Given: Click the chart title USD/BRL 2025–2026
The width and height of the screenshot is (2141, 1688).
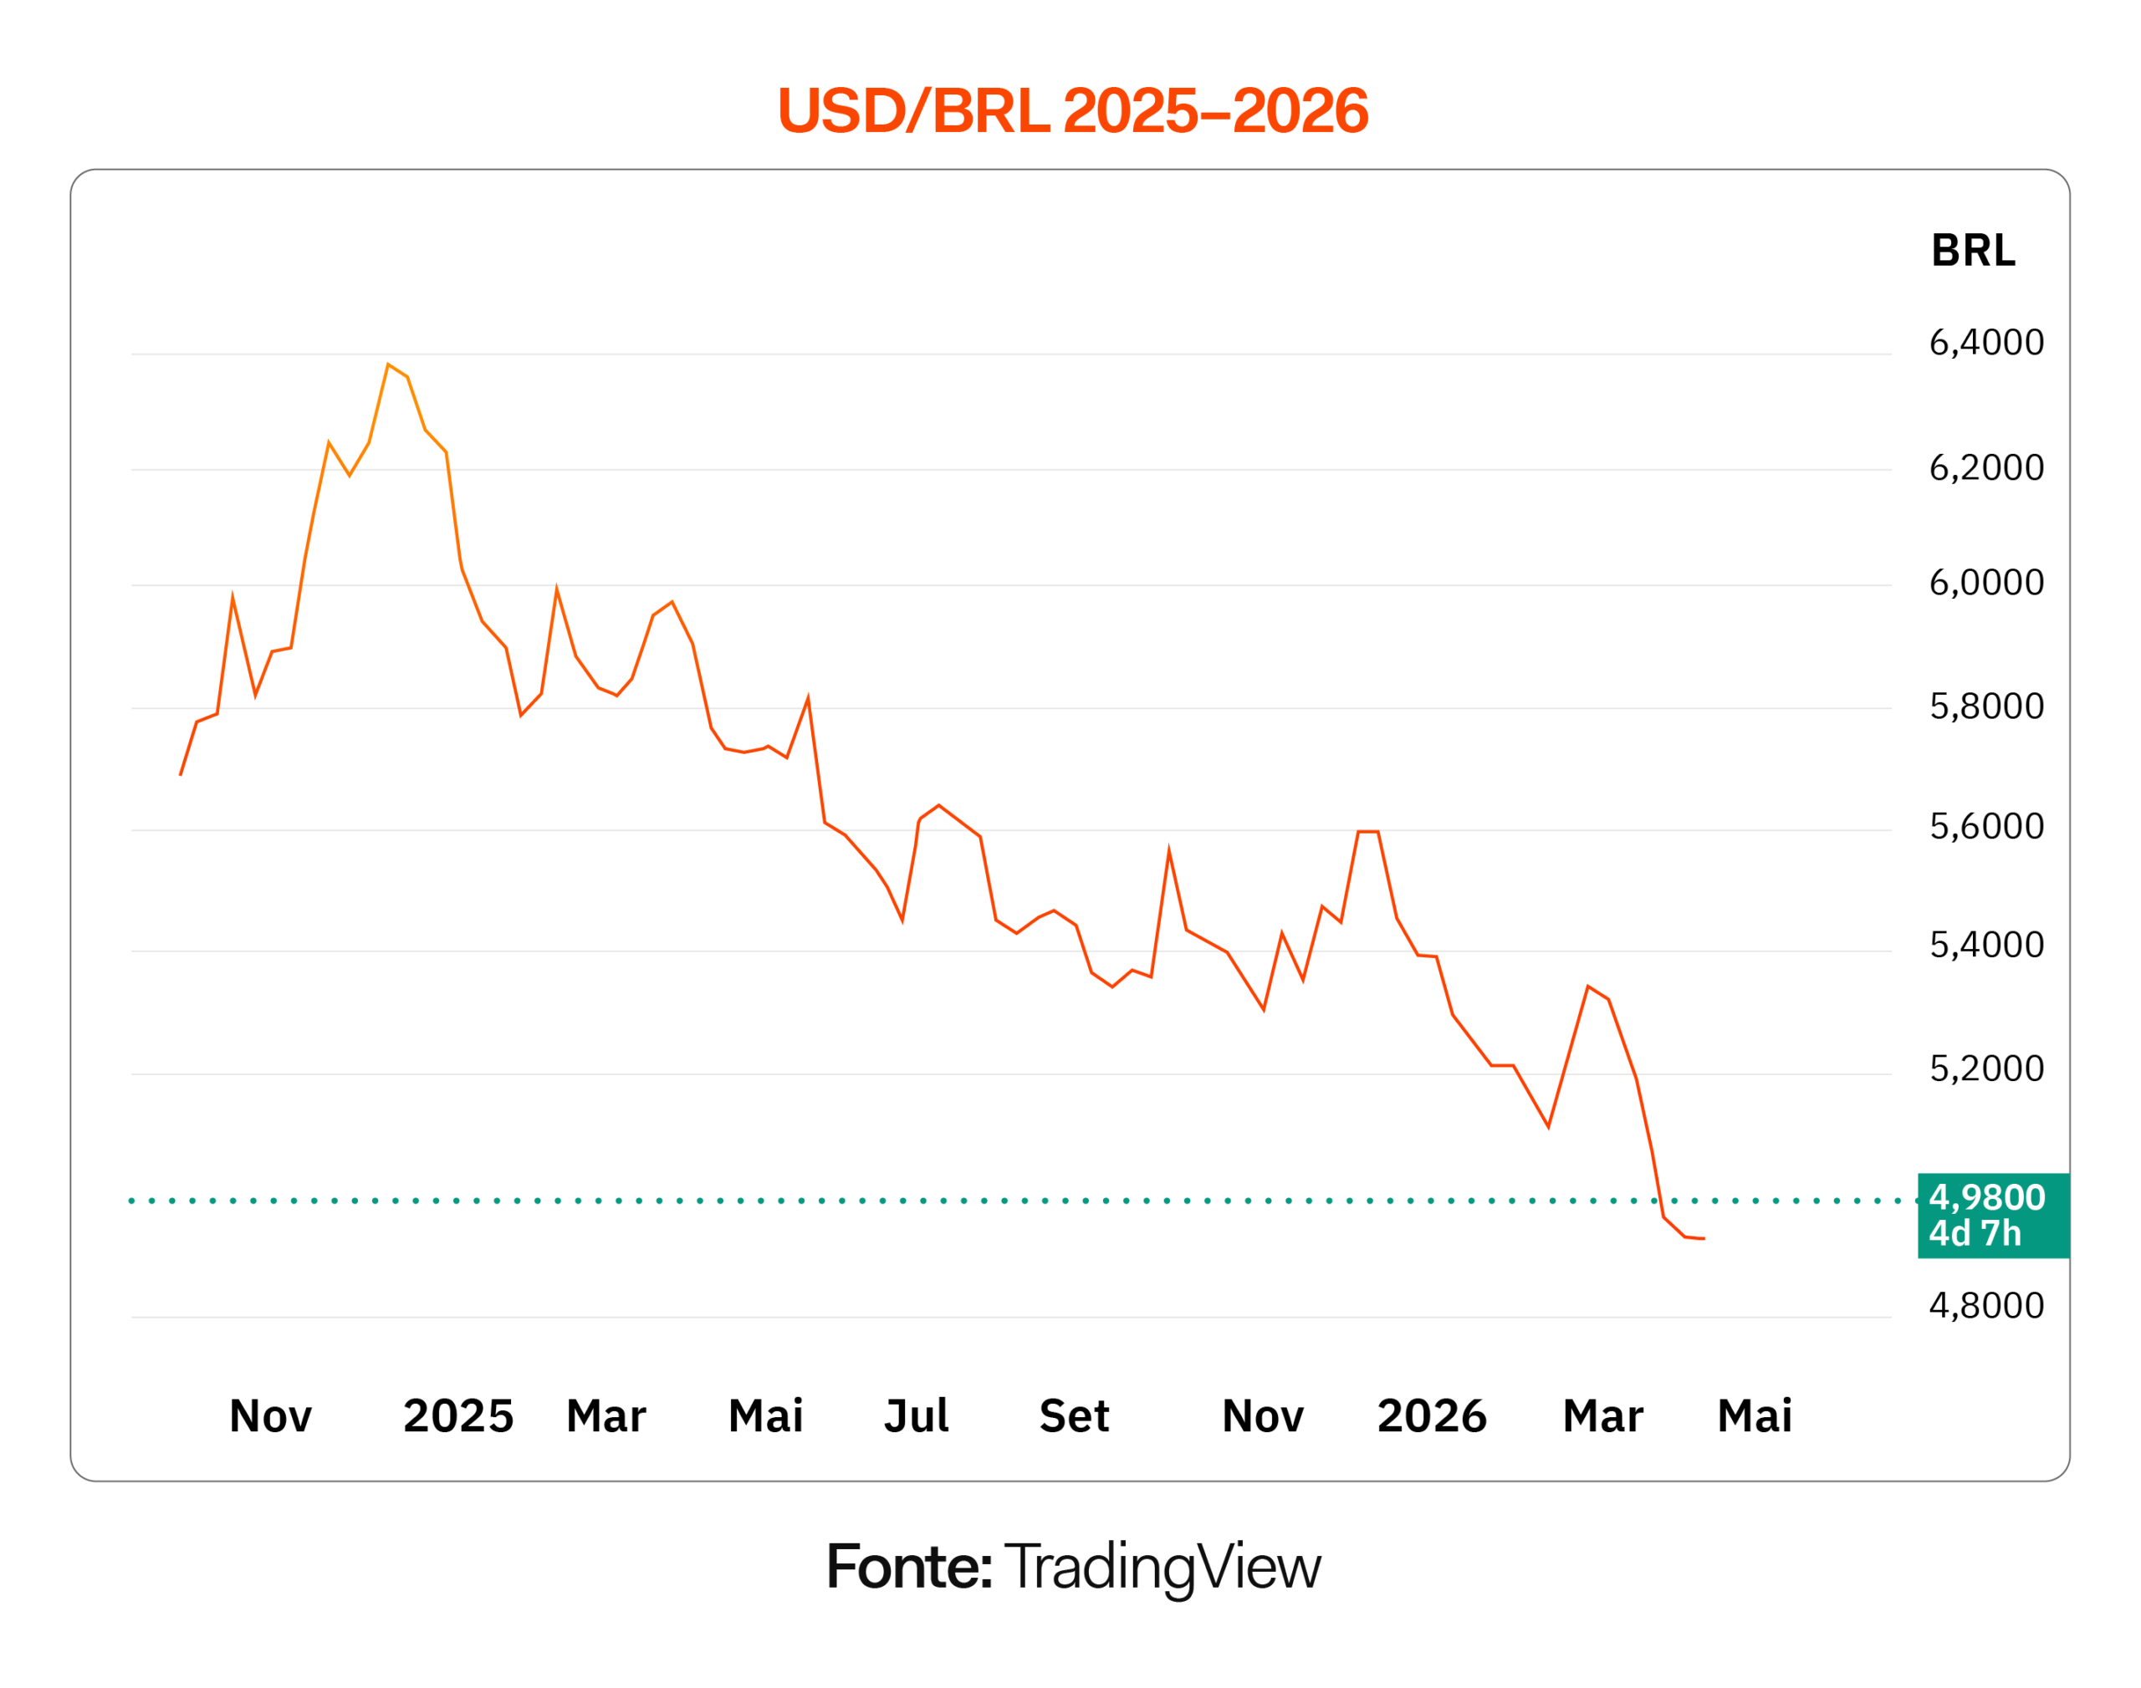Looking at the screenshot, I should coord(1071,110).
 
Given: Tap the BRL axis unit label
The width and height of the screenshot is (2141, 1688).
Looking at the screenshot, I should coord(1972,251).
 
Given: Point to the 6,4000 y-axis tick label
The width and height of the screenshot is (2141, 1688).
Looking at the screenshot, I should coord(1985,343).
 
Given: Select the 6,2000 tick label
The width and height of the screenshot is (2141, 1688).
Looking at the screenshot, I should coord(1985,468).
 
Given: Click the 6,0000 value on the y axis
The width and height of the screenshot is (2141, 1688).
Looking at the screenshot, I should coord(1985,583).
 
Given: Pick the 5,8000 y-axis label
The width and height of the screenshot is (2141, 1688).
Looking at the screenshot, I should coord(1985,706).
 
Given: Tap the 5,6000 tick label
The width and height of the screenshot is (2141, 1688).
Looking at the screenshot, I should coord(1985,826).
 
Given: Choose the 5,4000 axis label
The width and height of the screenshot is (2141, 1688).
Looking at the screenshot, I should coord(1985,945).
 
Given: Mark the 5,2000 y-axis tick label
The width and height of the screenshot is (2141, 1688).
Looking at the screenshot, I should coord(1985,1068).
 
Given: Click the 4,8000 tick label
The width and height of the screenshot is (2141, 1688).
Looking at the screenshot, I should coord(1985,1306).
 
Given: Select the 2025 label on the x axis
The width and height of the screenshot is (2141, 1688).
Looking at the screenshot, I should coord(457,1416).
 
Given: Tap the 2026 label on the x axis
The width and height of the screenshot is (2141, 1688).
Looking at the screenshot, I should coord(1430,1416).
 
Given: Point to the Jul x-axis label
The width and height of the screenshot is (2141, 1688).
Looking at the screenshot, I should coord(915,1416).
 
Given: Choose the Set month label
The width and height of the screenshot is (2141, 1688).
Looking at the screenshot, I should coord(1074,1416).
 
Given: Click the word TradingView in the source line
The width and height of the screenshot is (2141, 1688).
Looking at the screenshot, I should coord(1162,1568).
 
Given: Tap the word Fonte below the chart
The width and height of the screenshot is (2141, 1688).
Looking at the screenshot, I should coord(907,1568).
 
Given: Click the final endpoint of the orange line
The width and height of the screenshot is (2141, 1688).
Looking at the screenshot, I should coord(1703,1238).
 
